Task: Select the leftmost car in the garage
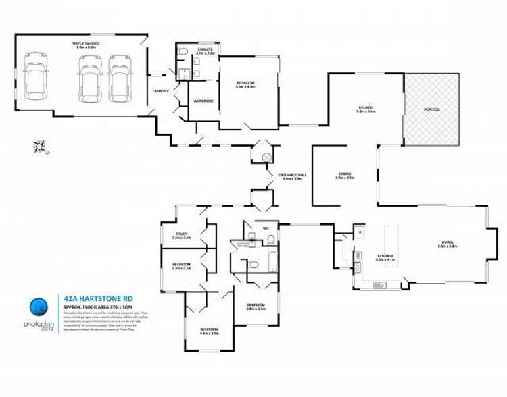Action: [x=34, y=80]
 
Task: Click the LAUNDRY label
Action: [x=161, y=91]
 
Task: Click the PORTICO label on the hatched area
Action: [x=431, y=109]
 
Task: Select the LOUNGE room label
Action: [x=366, y=109]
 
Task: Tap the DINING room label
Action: [x=345, y=175]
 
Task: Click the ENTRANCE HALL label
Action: [x=292, y=176]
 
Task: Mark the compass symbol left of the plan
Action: [x=39, y=146]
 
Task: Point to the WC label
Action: [x=266, y=228]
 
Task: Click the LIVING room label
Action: [x=448, y=243]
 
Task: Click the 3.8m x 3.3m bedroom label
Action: [x=256, y=306]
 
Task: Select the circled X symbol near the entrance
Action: [x=266, y=157]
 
